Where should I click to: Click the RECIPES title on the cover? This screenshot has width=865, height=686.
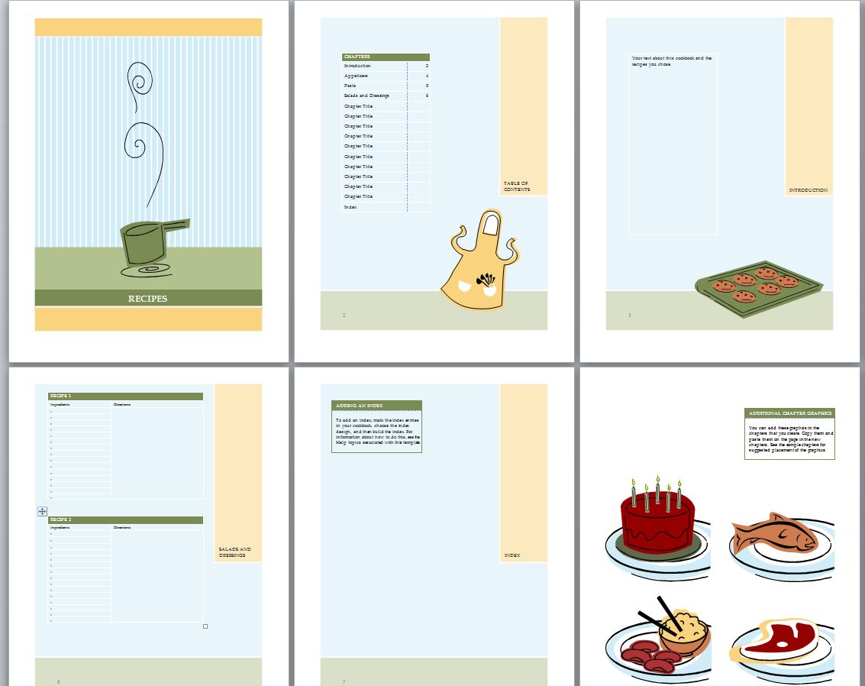[x=147, y=299]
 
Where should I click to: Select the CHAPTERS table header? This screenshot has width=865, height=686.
[x=385, y=57]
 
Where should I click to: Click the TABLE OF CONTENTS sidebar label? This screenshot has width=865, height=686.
[x=516, y=186]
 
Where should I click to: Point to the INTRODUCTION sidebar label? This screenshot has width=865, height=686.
[x=809, y=190]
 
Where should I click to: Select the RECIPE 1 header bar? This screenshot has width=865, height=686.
[x=126, y=396]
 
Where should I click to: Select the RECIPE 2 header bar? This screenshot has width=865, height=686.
[x=126, y=520]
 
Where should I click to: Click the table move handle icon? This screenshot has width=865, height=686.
[x=42, y=511]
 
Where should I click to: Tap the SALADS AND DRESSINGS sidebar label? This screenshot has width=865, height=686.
[x=234, y=552]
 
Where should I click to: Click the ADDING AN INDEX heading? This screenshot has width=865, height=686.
[x=376, y=406]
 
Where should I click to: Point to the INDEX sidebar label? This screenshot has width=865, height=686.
[x=512, y=555]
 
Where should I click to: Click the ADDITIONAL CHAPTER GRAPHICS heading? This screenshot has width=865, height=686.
[x=789, y=413]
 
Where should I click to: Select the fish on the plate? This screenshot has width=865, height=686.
[x=773, y=534]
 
